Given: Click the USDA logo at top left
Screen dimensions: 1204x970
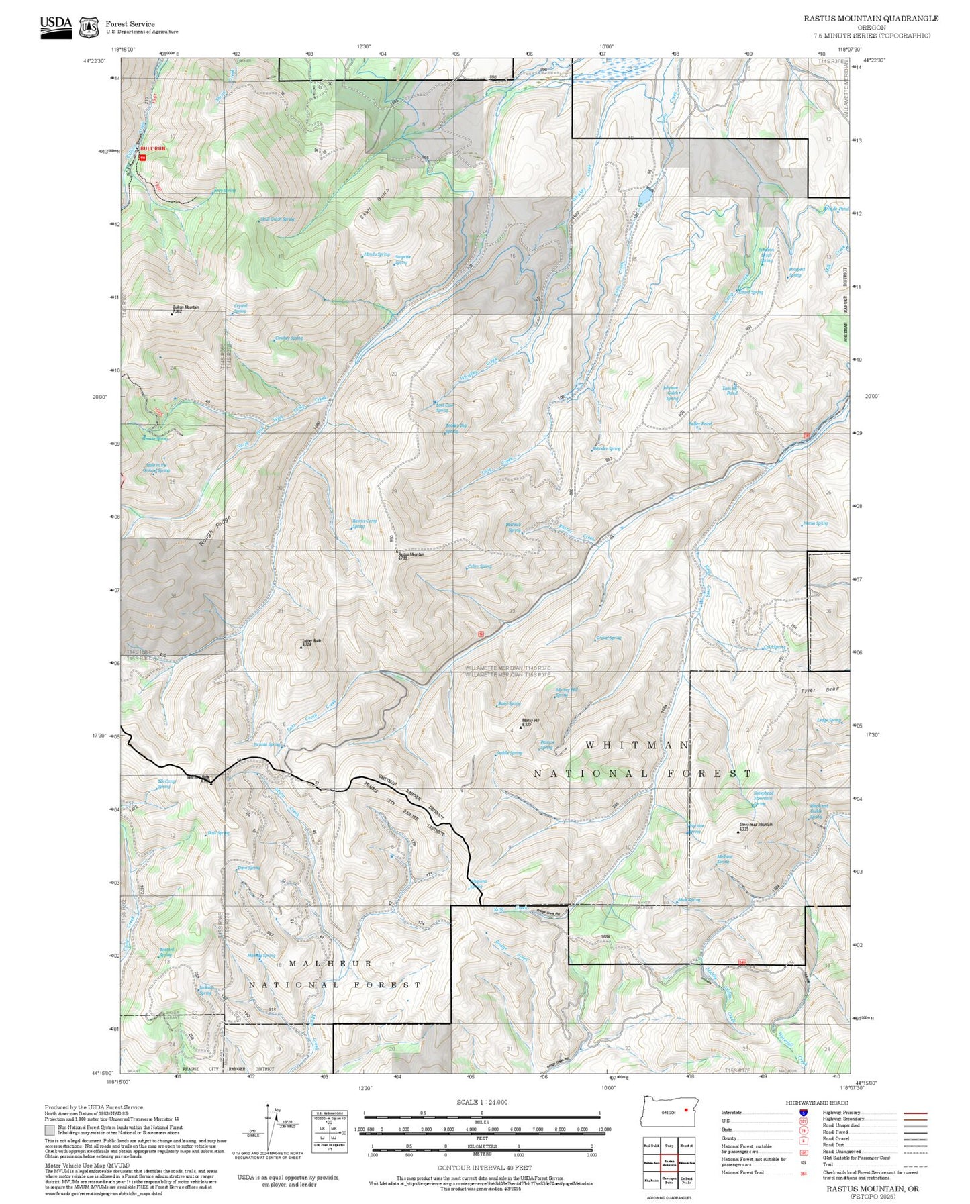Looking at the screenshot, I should click(x=56, y=26).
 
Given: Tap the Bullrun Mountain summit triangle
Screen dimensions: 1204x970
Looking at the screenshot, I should click(x=171, y=313).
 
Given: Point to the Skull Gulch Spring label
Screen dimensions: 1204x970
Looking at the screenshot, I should click(x=277, y=219).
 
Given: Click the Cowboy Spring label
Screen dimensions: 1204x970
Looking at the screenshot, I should click(x=289, y=338).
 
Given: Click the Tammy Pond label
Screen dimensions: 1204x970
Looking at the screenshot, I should click(x=730, y=390).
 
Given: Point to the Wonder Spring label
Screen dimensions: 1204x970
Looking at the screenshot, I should click(x=607, y=448).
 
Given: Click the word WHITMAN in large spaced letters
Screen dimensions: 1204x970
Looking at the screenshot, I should click(x=636, y=745).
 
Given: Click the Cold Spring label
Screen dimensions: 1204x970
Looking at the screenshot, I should click(x=775, y=648).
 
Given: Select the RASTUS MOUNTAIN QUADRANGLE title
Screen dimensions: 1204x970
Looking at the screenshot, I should click(x=871, y=19).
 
